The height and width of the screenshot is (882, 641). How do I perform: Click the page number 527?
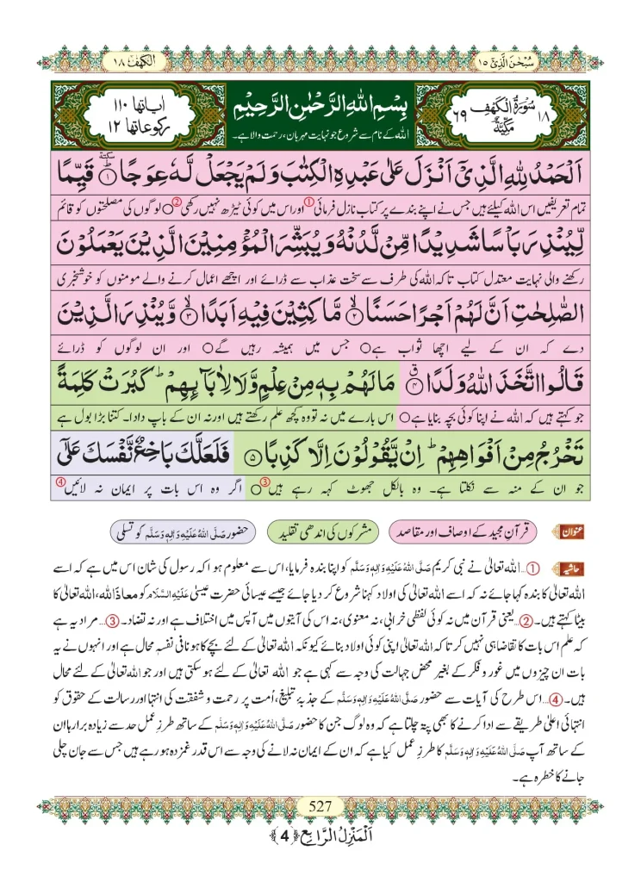[x=320, y=806]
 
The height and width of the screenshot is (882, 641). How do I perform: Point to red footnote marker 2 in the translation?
[x=177, y=205]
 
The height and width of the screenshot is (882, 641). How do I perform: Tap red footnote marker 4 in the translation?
[x=60, y=483]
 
